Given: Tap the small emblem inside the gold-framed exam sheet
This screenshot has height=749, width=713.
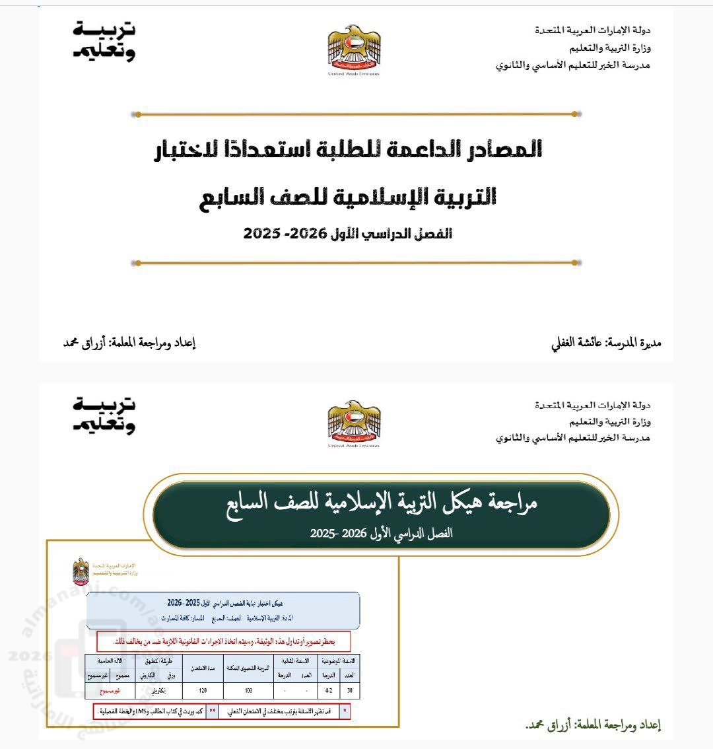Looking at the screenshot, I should (81, 571).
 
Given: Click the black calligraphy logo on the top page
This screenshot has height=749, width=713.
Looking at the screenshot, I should (104, 42).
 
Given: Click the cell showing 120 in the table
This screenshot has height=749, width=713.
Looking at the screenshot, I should (202, 691).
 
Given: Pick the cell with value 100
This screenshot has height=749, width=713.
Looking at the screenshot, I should (248, 691).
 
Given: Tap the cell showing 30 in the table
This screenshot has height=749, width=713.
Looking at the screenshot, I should (349, 691).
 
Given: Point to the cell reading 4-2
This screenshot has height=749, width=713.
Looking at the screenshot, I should (328, 691).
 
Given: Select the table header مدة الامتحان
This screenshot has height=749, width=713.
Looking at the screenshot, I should (202, 668).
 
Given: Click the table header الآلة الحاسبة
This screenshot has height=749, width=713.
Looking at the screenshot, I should (110, 660).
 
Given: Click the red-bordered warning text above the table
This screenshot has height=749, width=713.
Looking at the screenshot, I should (224, 641).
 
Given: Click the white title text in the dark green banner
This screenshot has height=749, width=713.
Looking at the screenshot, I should (381, 503).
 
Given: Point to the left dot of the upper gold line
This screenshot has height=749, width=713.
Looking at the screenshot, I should (137, 114).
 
